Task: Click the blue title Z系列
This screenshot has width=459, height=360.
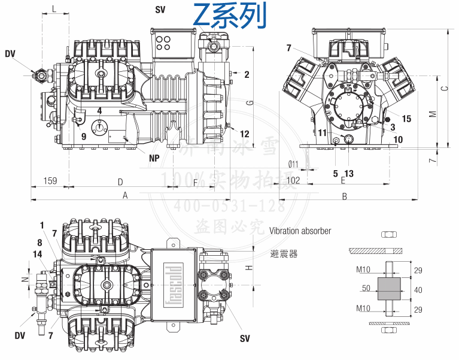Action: point(230,16)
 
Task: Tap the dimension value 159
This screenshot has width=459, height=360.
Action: point(50,180)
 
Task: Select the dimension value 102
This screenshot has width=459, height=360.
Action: point(293,180)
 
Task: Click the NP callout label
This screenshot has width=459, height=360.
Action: point(154,159)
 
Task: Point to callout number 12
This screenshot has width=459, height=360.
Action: point(245,134)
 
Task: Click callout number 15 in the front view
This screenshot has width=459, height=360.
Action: point(406,119)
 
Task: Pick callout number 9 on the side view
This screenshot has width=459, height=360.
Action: point(83,136)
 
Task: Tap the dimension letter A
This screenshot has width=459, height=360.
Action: point(125,195)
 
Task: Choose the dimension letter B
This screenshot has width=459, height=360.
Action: point(345,196)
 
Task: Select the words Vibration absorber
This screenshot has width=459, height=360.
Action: point(300,230)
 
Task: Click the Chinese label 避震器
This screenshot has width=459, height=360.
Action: point(283,254)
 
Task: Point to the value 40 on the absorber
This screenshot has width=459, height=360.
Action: point(418,290)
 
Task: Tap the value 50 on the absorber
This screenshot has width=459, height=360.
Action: point(366,288)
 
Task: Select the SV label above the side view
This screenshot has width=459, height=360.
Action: point(160,10)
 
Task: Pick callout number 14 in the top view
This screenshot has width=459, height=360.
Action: point(38,254)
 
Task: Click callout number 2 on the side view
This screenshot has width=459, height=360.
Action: point(246,74)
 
